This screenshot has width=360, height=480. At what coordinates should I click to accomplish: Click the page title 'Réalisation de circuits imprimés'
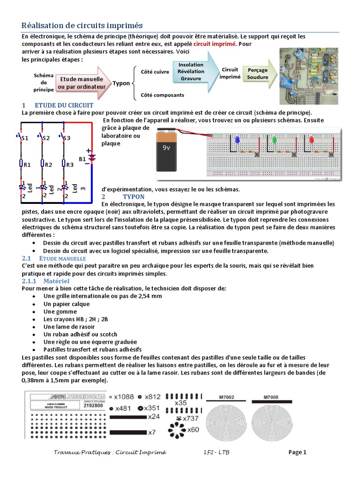pos(82,25)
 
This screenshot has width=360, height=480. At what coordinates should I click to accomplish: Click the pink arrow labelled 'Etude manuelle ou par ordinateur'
pos(81,83)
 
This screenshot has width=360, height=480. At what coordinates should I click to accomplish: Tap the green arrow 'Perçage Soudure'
pos(258,73)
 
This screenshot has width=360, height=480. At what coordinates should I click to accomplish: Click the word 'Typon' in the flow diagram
pos(121,83)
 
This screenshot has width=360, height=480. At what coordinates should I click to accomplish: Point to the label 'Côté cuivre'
pos(155,72)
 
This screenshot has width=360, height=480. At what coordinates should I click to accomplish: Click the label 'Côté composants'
pos(162,95)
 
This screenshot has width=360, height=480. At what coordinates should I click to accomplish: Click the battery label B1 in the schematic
pos(82,159)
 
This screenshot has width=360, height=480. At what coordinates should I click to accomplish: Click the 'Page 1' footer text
pos(297,452)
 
